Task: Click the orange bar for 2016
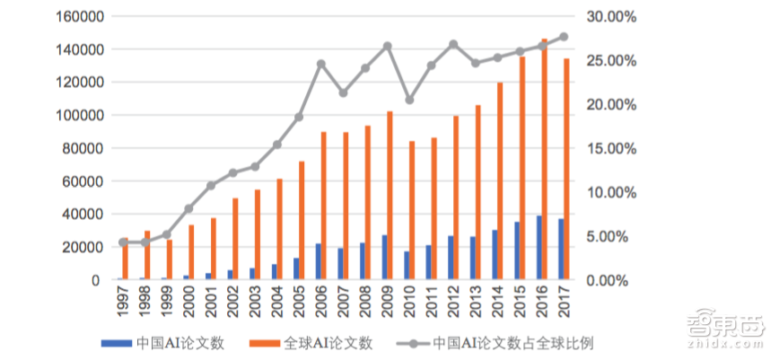(544, 159)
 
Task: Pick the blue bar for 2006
(319, 261)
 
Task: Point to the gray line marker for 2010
(409, 100)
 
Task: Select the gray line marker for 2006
(321, 64)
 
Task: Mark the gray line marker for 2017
(563, 37)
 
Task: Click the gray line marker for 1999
(166, 234)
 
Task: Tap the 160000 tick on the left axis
(79, 16)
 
